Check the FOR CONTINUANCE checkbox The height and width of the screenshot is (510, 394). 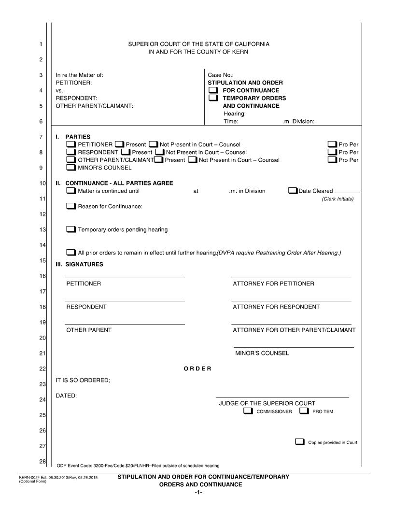pyautogui.click(x=213, y=90)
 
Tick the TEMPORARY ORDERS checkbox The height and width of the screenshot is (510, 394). pyautogui.click(x=213, y=98)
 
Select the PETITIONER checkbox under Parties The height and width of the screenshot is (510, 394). pyautogui.click(x=70, y=144)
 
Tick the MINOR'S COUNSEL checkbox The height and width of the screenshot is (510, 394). pyautogui.click(x=70, y=168)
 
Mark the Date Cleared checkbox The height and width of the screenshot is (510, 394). pyautogui.click(x=293, y=191)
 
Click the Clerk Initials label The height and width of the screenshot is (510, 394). pyautogui.click(x=338, y=198)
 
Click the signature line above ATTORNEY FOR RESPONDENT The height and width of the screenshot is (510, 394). pyautogui.click(x=291, y=301)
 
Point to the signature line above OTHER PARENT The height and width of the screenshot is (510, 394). pyautogui.click(x=125, y=324)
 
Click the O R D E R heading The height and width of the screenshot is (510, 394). pyautogui.click(x=197, y=369)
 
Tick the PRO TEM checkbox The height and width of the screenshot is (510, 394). pyautogui.click(x=304, y=411)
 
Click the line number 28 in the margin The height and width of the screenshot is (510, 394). pyautogui.click(x=42, y=462)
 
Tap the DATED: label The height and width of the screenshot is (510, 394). pyautogui.click(x=67, y=396)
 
